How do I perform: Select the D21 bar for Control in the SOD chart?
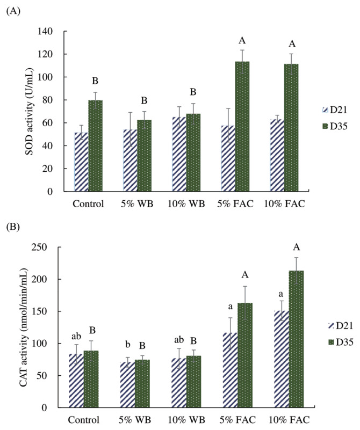[81, 162]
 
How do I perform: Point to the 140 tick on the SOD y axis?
[54, 32]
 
